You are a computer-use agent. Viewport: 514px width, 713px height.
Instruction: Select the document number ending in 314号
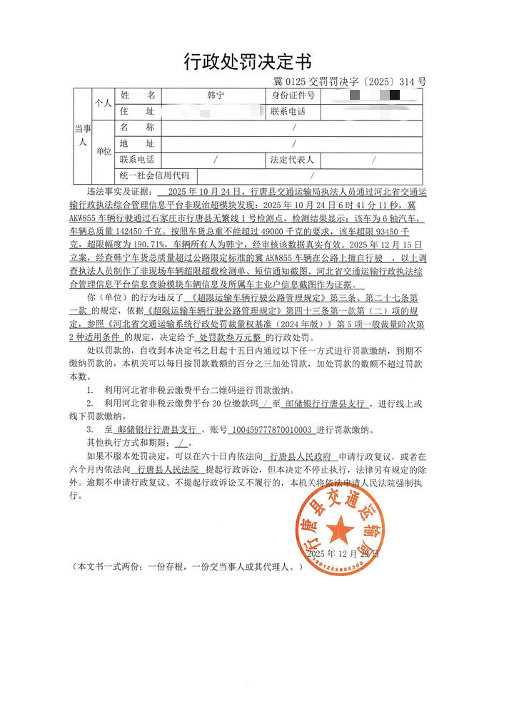pos(350,82)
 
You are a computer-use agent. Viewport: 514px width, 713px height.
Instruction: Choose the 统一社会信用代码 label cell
pos(155,175)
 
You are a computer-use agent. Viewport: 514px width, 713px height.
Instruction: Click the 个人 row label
pos(104,103)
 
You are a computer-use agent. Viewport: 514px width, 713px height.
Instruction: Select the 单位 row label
pos(104,151)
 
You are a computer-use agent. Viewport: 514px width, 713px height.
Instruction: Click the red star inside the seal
pos(341,530)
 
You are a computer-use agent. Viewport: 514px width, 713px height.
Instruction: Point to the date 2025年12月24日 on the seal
pos(343,553)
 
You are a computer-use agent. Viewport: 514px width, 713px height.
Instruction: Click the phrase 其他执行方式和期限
pos(129,442)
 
